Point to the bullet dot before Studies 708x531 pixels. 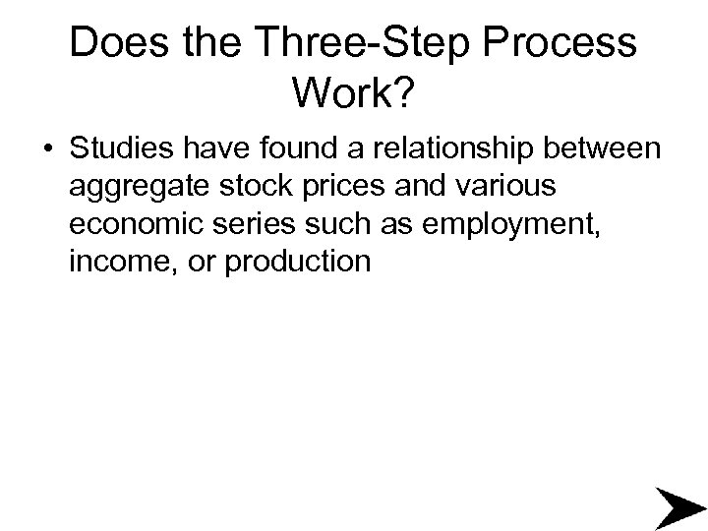pyautogui.click(x=47, y=151)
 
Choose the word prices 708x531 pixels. pyautogui.click(x=348, y=188)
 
